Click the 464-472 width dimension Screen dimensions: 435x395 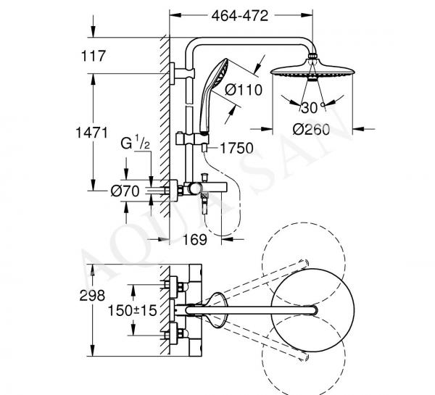[240, 16]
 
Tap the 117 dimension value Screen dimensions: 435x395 [94, 56]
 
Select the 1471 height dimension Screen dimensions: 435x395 [91, 133]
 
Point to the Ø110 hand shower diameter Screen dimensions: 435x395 [244, 90]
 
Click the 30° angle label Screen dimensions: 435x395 [312, 107]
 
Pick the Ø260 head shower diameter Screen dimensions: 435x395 [311, 129]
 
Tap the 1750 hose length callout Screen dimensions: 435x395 [236, 148]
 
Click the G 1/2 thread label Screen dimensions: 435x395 [136, 143]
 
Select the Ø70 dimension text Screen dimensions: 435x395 [125, 191]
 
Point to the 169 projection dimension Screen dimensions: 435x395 [195, 240]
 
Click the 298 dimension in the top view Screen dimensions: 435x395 [92, 296]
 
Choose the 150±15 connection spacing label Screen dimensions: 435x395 [132, 310]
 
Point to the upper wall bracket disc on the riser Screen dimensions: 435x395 [173, 73]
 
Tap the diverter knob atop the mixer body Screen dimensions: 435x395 [205, 177]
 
